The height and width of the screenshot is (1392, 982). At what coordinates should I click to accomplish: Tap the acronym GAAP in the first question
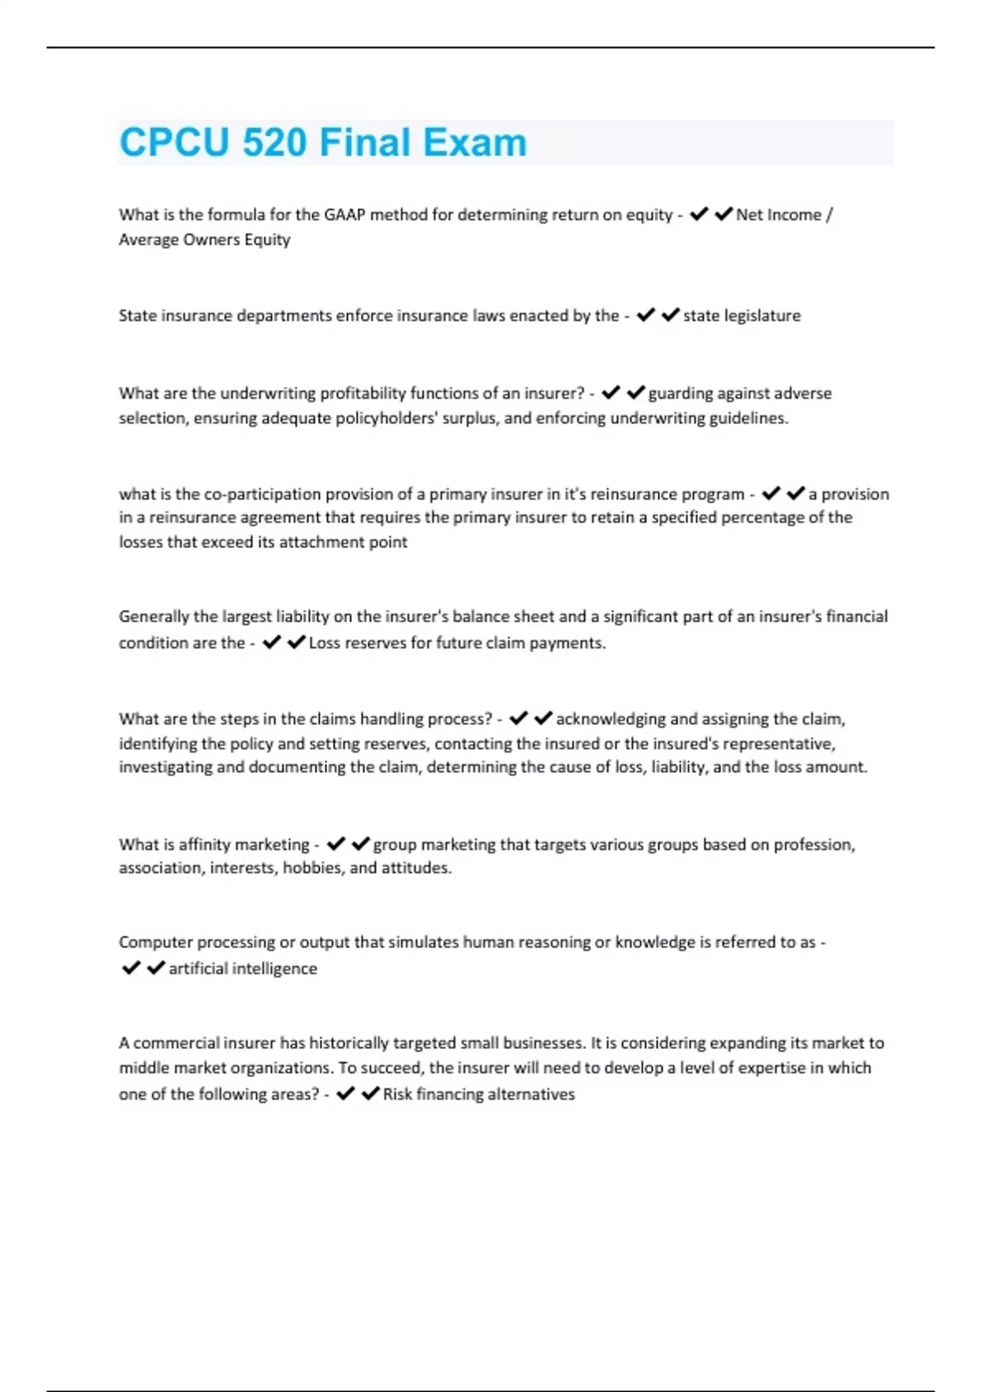pos(345,215)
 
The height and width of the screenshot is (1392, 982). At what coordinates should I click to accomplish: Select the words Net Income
pos(778,215)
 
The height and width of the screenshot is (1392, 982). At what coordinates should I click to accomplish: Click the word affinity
pos(203,844)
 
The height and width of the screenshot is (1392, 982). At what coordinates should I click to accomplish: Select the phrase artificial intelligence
pos(243,969)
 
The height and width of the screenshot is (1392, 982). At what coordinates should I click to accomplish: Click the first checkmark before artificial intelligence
pos(131,968)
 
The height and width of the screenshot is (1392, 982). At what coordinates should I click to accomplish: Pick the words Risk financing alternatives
pos(479,1094)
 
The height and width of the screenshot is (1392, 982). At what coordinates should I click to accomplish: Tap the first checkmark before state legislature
pos(646,315)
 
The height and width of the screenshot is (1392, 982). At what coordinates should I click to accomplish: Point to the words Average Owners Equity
pos(205,240)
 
